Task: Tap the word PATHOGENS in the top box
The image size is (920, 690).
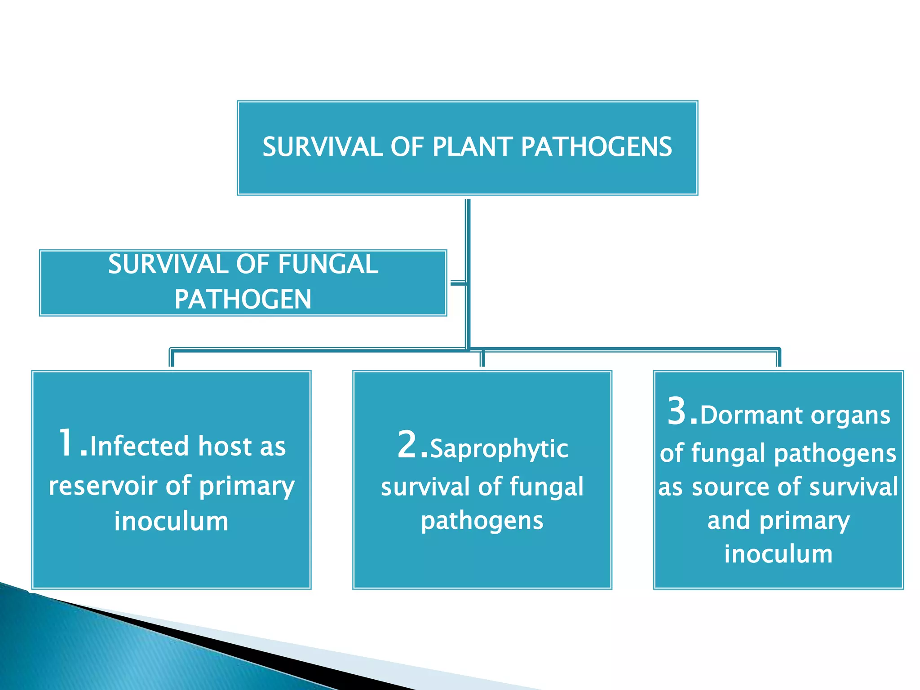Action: coord(596,147)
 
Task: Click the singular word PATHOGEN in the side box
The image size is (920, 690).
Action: coord(243,299)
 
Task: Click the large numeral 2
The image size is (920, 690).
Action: coord(408,445)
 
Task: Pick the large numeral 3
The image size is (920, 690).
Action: coord(677,411)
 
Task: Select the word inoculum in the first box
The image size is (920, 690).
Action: coord(171,521)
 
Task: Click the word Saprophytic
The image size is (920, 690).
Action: coord(499,449)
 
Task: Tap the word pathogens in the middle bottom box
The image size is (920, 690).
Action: coord(482,521)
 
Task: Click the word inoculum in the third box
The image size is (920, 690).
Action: coord(778,553)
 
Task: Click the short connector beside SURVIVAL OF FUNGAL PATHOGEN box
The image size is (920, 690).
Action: coord(458,283)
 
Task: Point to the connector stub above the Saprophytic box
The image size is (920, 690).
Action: coord(482,359)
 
